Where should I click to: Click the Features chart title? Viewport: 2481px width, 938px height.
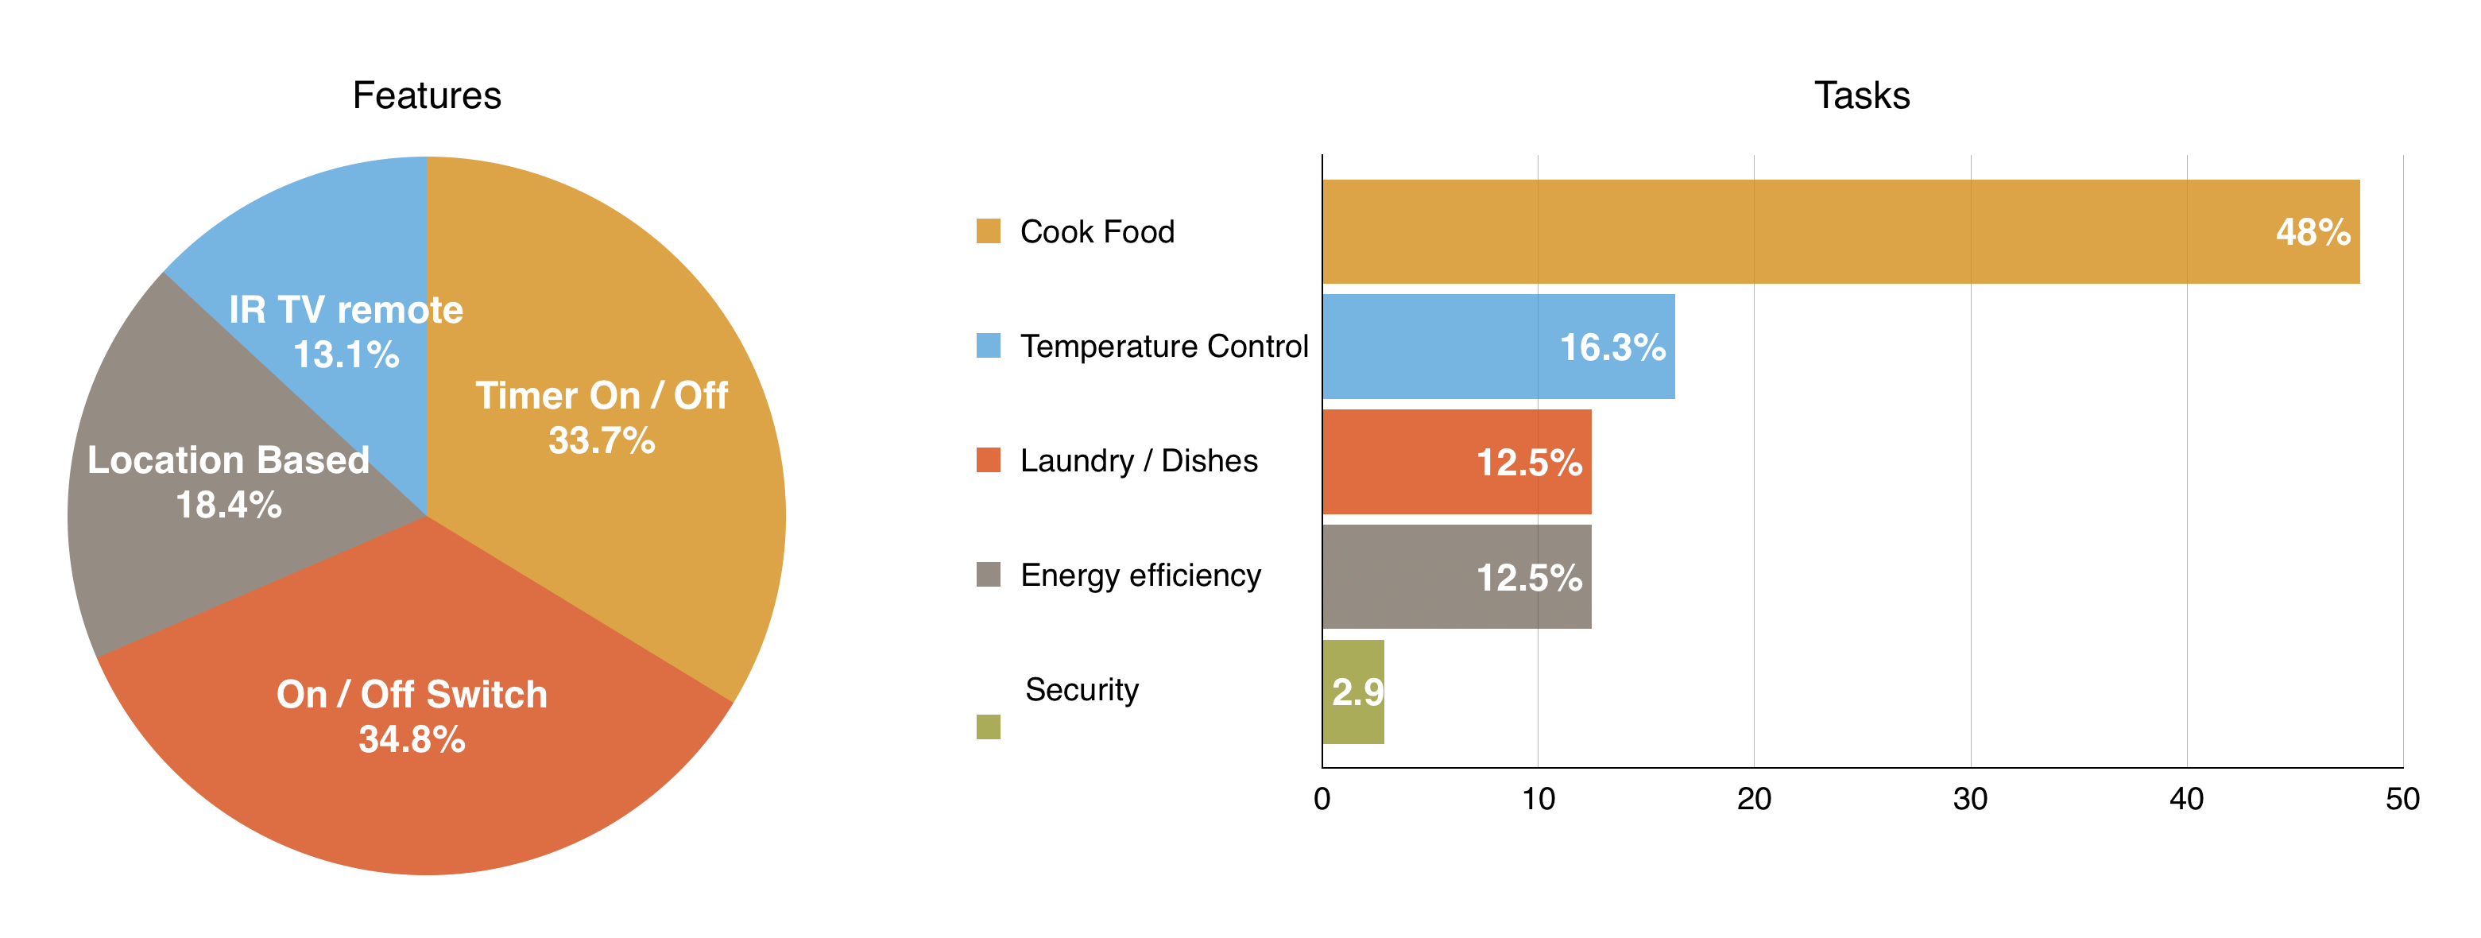[427, 95]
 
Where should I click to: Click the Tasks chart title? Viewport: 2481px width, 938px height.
[1861, 95]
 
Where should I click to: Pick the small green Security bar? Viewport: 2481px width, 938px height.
[1353, 692]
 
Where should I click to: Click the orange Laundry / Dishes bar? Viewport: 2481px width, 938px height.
[1396, 461]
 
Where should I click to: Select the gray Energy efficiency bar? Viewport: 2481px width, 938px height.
[1396, 577]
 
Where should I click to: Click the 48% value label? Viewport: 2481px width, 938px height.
[2313, 232]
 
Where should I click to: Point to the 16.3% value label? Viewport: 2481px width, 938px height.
[1612, 347]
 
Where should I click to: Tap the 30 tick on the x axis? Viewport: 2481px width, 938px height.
[1969, 798]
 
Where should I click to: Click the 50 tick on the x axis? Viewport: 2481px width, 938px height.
[2402, 798]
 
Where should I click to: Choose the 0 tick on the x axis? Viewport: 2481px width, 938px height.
[1322, 798]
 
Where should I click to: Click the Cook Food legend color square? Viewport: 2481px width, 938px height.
[988, 231]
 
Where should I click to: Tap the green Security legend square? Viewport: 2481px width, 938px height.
[988, 727]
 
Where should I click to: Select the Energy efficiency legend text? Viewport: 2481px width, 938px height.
[1140, 575]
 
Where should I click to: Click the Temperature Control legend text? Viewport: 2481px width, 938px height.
[1163, 346]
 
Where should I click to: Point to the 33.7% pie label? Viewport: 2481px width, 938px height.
[602, 441]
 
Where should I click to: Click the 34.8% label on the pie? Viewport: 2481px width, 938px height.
[412, 739]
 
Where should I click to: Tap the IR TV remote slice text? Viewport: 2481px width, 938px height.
[346, 310]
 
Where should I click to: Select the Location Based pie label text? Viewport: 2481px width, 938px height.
[228, 460]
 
